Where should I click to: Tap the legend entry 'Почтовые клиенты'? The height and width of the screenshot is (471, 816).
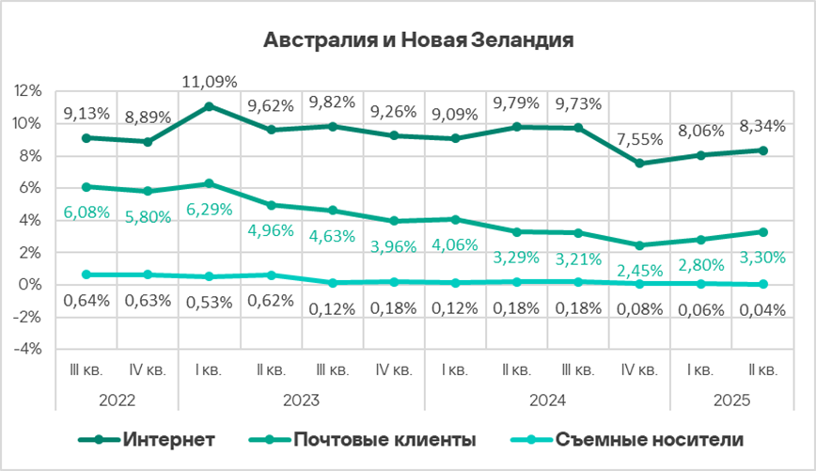coord(384,440)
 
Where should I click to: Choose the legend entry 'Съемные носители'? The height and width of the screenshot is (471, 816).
coord(650,440)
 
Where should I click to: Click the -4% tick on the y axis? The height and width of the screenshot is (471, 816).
coord(28,349)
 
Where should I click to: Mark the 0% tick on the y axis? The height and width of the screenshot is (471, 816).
coord(31,285)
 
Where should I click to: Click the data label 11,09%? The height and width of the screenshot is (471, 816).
coord(209,81)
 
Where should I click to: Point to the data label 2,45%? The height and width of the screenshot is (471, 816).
coord(639,269)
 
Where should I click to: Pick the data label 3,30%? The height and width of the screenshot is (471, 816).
coord(762,254)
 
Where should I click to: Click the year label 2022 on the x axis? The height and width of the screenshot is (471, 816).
coord(117,400)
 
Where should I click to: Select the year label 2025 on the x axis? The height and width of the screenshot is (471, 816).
coord(731,400)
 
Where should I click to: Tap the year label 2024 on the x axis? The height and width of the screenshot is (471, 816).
coord(547,400)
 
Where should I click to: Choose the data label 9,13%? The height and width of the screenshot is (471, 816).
coord(86,114)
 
